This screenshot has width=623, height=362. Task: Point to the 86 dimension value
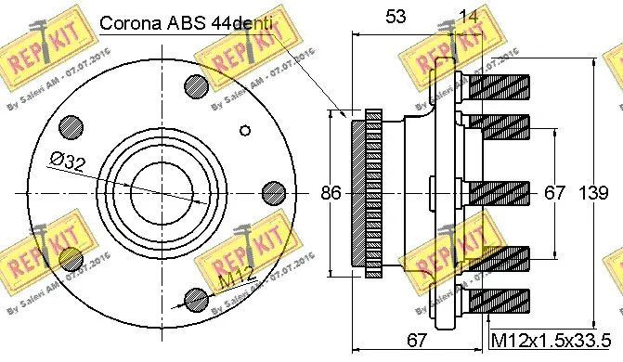tap(331, 193)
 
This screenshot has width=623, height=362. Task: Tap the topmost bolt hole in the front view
tap(196, 84)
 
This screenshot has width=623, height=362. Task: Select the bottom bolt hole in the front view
tap(196, 299)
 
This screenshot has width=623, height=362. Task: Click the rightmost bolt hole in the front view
tap(273, 192)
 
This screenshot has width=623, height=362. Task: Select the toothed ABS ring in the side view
tap(366, 192)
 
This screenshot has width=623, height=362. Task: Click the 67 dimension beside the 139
tap(554, 193)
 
